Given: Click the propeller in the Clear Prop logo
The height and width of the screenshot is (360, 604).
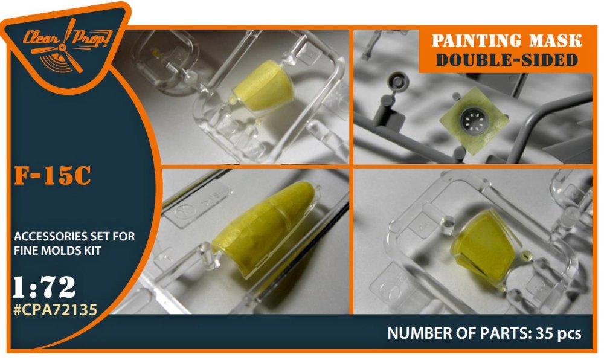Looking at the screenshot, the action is pyautogui.click(x=62, y=48).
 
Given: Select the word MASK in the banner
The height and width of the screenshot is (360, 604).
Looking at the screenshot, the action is pyautogui.click(x=555, y=41).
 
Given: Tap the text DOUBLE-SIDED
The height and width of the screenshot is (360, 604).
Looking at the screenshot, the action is pyautogui.click(x=507, y=60).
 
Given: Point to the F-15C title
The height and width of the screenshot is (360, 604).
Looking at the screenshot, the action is pyautogui.click(x=53, y=176).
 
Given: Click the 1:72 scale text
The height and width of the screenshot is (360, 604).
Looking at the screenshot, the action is pyautogui.click(x=44, y=287).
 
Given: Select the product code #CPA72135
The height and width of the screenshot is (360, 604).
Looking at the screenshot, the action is pyautogui.click(x=55, y=309).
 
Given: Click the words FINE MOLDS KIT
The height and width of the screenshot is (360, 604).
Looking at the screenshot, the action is pyautogui.click(x=57, y=251).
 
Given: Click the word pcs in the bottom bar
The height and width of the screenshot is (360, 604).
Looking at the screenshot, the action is pyautogui.click(x=569, y=334).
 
